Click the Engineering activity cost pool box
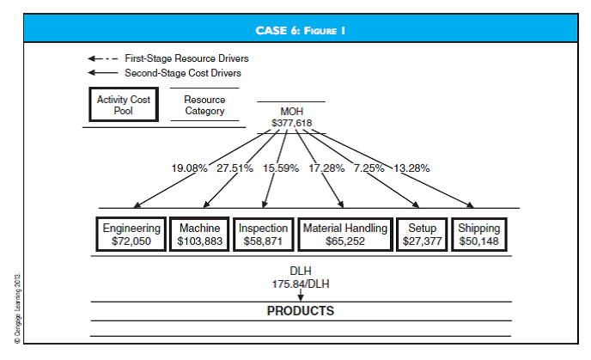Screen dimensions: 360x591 tap(131, 235)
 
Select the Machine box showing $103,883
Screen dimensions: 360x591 tap(200, 235)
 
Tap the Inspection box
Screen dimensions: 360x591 tap(263, 235)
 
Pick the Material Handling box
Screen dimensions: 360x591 tap(344, 235)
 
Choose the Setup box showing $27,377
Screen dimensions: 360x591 tap(422, 235)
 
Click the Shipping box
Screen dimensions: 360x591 tap(479, 235)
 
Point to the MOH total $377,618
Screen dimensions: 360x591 tap(291, 123)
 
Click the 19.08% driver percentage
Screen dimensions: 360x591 tap(190, 168)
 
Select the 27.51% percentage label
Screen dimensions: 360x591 tap(235, 168)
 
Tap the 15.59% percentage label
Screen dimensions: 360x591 tap(280, 168)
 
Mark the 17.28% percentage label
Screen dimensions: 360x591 tap(326, 168)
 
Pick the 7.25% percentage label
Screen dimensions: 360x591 tap(369, 168)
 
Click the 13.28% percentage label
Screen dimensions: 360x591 tap(412, 168)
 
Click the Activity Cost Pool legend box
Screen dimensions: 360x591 tap(123, 105)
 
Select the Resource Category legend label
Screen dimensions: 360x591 tap(204, 105)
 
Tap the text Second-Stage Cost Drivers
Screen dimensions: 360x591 tap(183, 73)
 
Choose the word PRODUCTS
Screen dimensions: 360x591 tap(300, 310)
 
